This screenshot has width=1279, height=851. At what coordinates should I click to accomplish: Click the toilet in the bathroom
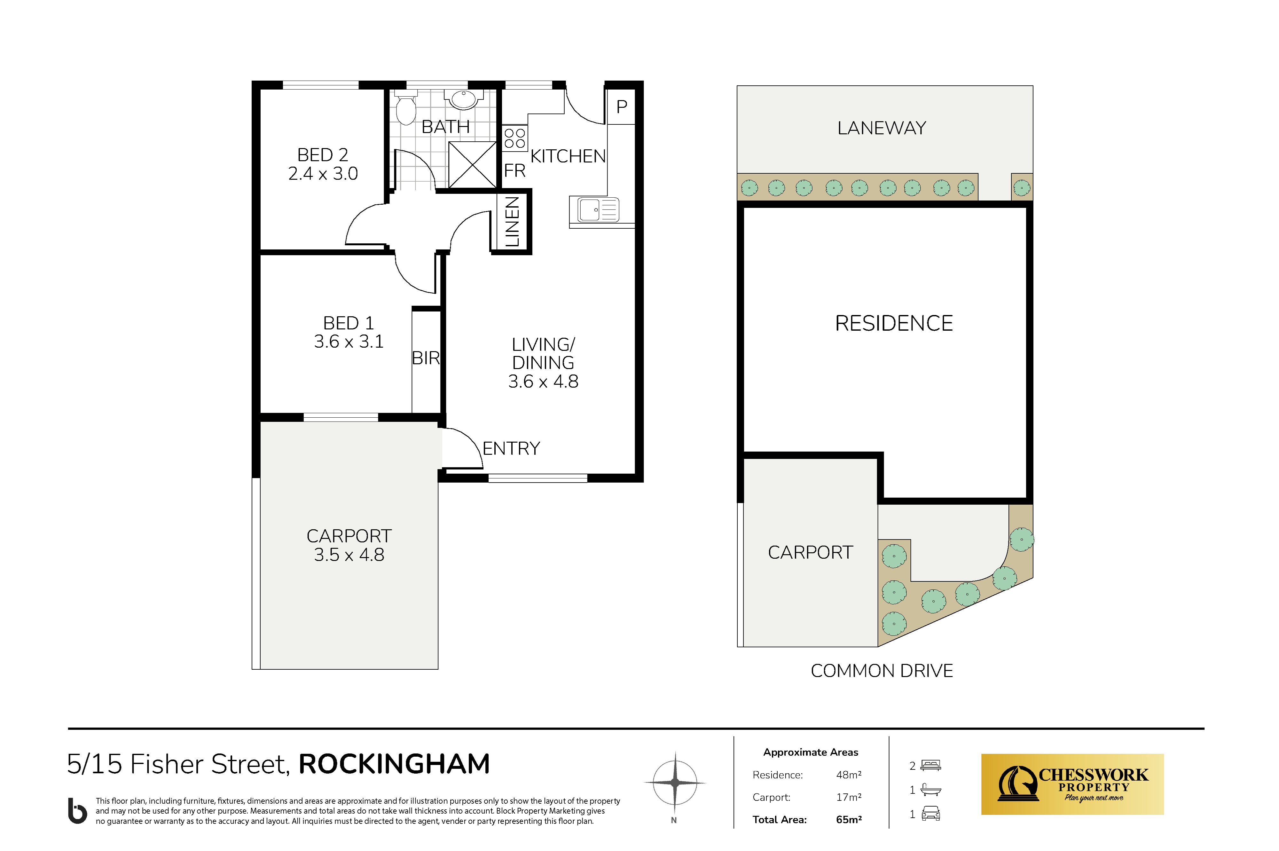pos(405,108)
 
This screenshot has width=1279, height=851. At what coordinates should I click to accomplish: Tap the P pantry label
pos(622,106)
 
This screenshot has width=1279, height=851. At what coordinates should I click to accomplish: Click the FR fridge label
pos(514,170)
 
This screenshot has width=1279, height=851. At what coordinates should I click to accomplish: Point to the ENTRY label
pos(511,448)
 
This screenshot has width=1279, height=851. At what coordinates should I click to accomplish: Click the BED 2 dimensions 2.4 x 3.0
pos(323,174)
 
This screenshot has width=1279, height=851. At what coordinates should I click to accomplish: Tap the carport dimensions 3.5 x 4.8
pos(349,555)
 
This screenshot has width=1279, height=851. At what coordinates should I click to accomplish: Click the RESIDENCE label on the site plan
pos(894,323)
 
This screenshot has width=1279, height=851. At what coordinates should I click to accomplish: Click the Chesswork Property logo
pos(1072,784)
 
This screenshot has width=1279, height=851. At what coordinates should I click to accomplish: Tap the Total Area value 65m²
pos(849,820)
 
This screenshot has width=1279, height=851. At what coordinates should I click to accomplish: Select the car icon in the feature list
pos(930,814)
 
